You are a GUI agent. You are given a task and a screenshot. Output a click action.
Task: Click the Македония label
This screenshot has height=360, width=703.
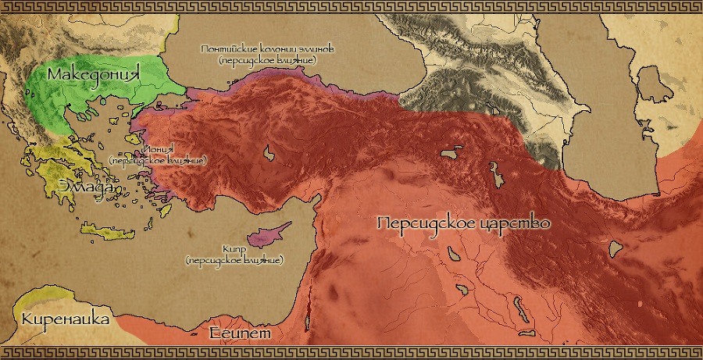(97, 75)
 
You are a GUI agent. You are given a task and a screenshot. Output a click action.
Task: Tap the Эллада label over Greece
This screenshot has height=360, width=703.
(87, 187)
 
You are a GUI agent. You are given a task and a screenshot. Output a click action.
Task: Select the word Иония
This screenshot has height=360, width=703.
(157, 151)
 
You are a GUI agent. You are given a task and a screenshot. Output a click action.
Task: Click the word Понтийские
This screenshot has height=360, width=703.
(229, 49)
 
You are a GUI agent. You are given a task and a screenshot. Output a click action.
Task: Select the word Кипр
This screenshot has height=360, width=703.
(234, 248)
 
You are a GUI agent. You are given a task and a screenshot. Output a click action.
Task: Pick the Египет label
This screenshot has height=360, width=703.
(240, 333)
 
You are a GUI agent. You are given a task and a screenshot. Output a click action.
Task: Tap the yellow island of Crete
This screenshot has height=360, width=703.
(102, 231)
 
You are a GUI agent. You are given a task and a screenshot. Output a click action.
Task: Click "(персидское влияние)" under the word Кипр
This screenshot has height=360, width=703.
(234, 259)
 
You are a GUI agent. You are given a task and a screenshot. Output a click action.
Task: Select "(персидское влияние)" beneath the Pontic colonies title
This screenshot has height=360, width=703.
(266, 60)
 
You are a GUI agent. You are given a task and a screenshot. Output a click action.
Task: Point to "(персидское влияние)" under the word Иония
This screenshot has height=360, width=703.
(158, 161)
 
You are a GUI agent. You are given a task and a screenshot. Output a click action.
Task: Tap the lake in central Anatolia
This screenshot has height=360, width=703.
(269, 154)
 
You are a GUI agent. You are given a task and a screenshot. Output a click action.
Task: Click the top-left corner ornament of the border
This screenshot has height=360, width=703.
(7, 7)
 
